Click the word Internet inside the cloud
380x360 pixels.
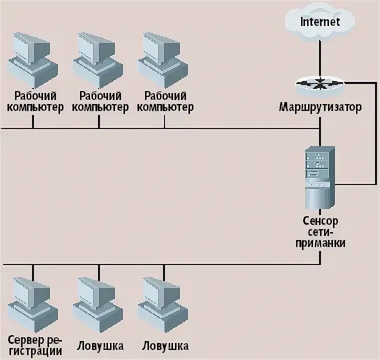pyautogui.click(x=320, y=21)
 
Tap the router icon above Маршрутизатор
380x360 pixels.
pyautogui.click(x=319, y=84)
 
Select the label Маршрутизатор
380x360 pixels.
pyautogui.click(x=320, y=107)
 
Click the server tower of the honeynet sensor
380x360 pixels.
pyautogui.click(x=319, y=177)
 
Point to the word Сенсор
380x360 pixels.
pyautogui.click(x=320, y=220)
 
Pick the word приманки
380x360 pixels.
pyautogui.click(x=320, y=242)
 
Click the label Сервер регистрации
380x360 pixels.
pyautogui.click(x=34, y=346)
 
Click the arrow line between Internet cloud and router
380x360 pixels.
pyautogui.click(x=320, y=57)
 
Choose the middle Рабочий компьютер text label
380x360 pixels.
pyautogui.click(x=100, y=101)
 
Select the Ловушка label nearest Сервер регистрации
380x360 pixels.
pyautogui.click(x=100, y=346)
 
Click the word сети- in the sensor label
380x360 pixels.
pyautogui.click(x=320, y=232)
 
